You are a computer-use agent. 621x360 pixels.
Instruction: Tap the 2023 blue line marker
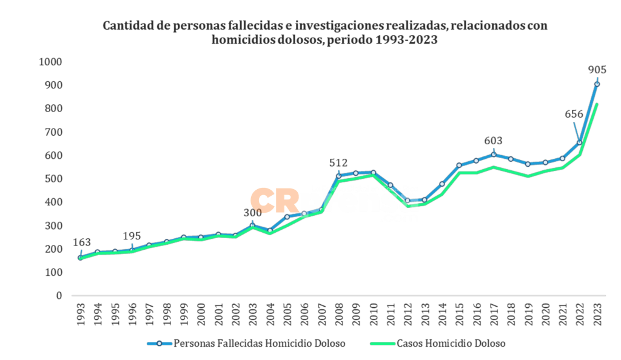[597, 84]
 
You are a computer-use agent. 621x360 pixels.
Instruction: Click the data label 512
[338, 162]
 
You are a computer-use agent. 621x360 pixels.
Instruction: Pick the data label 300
[252, 213]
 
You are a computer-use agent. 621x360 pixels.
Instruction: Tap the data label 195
[132, 236]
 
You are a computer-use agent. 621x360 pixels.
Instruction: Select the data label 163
[82, 242]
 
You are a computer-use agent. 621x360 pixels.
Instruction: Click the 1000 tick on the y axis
[50, 62]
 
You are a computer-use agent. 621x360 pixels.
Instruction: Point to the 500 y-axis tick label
[53, 179]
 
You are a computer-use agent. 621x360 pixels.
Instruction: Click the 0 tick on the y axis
[59, 296]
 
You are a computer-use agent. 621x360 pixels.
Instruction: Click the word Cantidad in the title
[127, 26]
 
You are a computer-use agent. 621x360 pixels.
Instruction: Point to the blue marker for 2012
[408, 201]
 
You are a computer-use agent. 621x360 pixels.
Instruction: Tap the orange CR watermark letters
[273, 200]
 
